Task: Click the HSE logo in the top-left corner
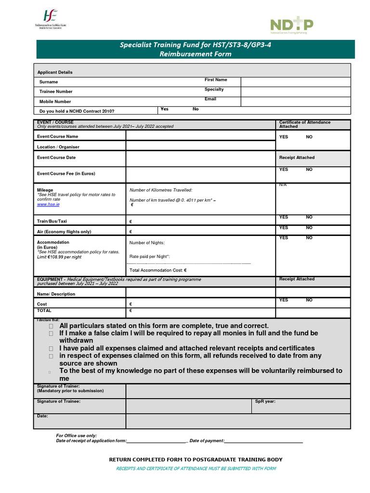point(50,19)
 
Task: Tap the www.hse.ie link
point(48,205)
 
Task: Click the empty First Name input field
point(295,81)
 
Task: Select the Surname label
point(49,82)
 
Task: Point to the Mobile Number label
point(55,102)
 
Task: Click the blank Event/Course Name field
point(200,136)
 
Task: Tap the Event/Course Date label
point(56,157)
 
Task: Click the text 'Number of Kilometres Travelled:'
point(161,190)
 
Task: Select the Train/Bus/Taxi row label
point(52,221)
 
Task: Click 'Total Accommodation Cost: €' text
point(158,270)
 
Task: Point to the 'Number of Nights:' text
point(147,243)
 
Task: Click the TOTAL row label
point(44,311)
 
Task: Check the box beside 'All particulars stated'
point(51,326)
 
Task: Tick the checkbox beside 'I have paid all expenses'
point(51,349)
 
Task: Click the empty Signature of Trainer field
point(238,391)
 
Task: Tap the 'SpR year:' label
point(265,401)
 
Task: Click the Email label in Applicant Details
point(210,99)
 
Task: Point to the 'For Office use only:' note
point(76,435)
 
